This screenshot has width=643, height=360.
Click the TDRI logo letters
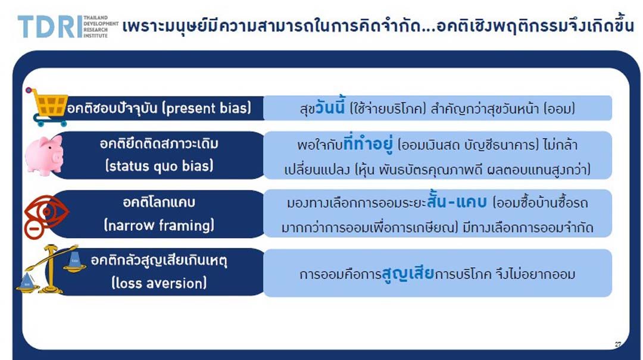coord(49,27)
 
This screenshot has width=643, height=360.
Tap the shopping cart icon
coord(46,107)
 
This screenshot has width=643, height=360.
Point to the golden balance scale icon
coord(51,270)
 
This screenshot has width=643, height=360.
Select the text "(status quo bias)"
coord(159,166)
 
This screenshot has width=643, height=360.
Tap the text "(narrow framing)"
coord(159,225)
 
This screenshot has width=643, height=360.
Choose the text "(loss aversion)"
coord(159,283)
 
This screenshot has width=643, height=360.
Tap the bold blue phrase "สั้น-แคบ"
coord(457,201)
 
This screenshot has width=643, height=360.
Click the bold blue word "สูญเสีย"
coord(408,273)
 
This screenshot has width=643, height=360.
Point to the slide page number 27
coord(617,345)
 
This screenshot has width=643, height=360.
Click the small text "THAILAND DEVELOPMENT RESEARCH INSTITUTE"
coord(101,27)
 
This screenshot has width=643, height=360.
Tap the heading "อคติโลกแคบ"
coord(159,202)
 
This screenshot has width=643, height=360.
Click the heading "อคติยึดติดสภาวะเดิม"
coord(159,144)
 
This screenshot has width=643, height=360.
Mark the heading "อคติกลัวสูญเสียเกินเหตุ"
coord(159,261)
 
